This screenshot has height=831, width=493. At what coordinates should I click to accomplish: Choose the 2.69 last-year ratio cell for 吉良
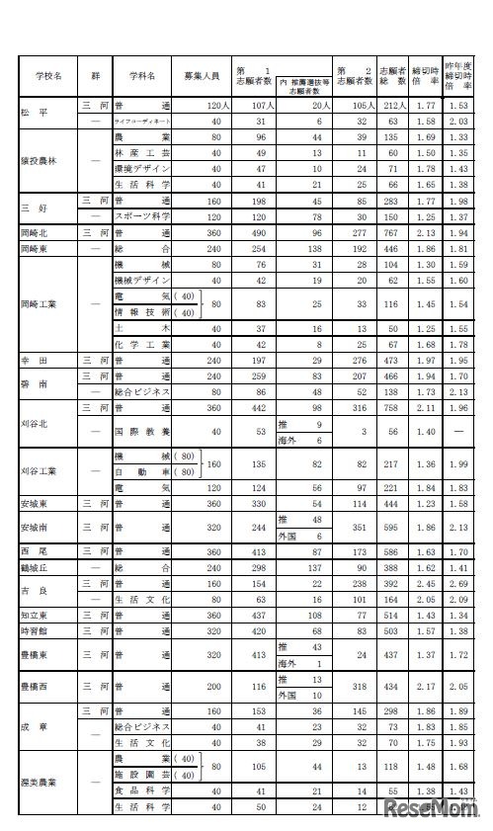[x=456, y=585]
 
